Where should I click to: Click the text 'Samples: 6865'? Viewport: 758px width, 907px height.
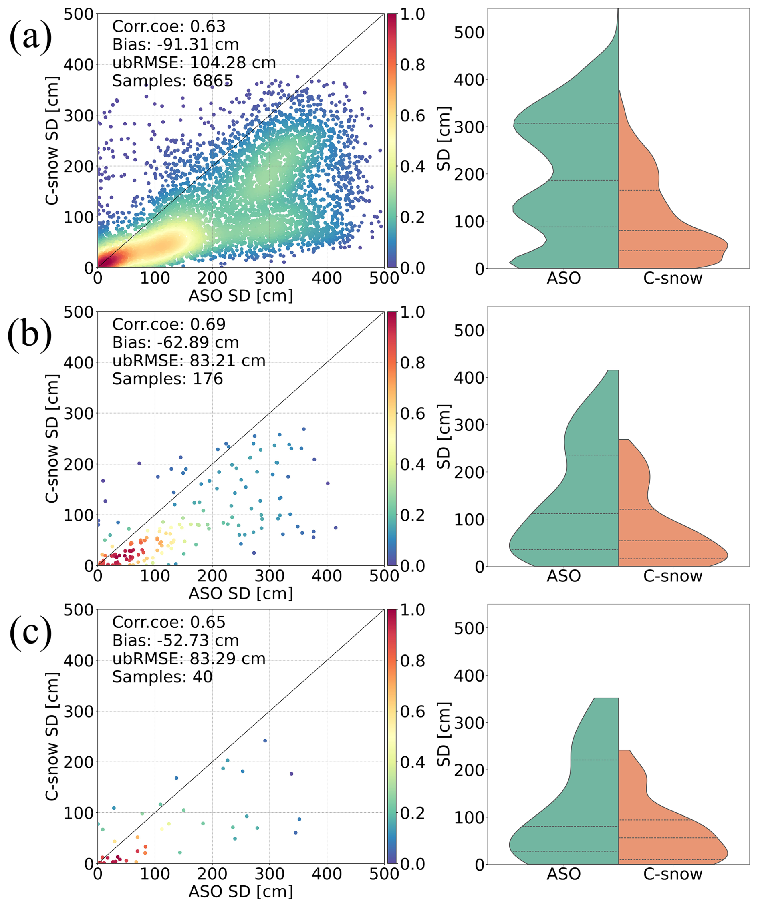pyautogui.click(x=172, y=81)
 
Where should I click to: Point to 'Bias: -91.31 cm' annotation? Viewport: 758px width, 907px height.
pyautogui.click(x=175, y=44)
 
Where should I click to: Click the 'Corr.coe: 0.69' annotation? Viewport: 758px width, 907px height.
pyautogui.click(x=169, y=324)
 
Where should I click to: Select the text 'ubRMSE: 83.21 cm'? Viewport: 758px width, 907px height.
pyautogui.click(x=189, y=361)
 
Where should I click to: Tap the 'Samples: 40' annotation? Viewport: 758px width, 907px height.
pyautogui.click(x=163, y=677)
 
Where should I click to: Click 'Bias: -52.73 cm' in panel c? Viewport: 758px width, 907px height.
pyautogui.click(x=175, y=641)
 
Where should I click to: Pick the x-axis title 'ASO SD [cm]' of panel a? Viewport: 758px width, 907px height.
pyautogui.click(x=241, y=296)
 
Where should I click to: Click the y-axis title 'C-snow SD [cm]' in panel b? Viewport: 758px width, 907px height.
pyautogui.click(x=52, y=438)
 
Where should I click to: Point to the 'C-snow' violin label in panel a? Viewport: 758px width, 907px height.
pyautogui.click(x=673, y=278)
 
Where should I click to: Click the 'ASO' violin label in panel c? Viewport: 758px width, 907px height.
pyautogui.click(x=564, y=874)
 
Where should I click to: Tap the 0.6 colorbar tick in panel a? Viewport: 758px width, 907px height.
pyautogui.click(x=413, y=116)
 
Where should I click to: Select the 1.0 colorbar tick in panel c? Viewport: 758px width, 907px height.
pyautogui.click(x=413, y=610)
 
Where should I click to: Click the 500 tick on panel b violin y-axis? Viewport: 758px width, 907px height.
pyautogui.click(x=468, y=330)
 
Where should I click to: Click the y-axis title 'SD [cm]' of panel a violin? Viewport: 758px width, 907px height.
pyautogui.click(x=444, y=139)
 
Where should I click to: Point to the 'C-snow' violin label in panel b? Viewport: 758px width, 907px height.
pyautogui.click(x=673, y=576)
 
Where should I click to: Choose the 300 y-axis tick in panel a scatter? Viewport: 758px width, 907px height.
pyautogui.click(x=79, y=116)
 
